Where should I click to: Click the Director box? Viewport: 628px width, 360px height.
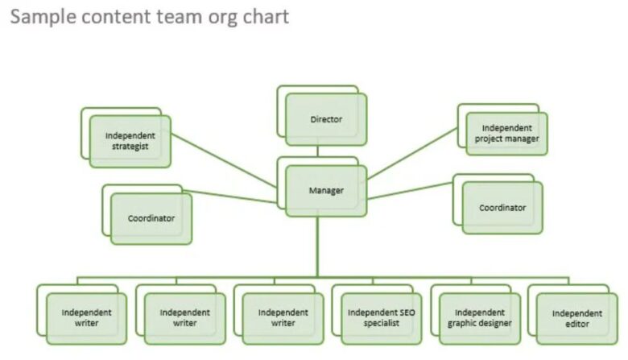326,120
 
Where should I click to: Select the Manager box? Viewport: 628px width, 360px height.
326,191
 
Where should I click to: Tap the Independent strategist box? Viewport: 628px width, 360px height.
130,141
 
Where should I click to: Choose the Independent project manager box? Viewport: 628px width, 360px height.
506,133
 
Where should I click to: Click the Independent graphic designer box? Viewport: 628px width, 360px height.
480,318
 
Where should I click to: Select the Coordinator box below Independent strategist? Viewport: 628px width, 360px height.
151,218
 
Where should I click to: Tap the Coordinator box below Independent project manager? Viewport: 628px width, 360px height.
502,208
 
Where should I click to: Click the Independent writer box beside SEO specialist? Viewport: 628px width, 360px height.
283,318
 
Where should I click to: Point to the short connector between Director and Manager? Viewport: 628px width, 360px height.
317,151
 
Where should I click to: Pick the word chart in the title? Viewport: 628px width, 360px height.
266,17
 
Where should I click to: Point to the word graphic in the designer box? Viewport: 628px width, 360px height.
464,324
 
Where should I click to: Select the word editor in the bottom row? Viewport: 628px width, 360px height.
576,325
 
